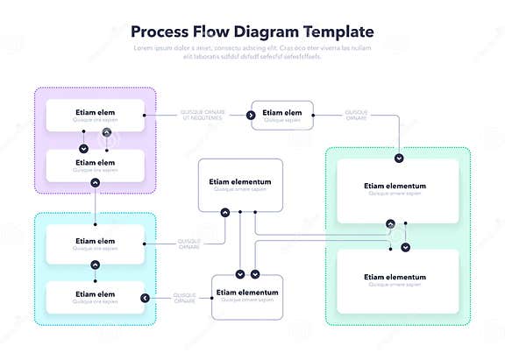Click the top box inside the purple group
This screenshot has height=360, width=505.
(95, 115)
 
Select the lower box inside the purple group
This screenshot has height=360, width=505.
(95, 165)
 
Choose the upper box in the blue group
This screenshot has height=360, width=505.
(95, 244)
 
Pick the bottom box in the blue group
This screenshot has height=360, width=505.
(95, 297)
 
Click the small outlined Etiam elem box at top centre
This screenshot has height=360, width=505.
(281, 115)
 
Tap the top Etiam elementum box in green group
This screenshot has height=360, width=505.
(397, 189)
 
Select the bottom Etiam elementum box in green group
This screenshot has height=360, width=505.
(397, 280)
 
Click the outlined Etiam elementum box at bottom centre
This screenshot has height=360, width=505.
(246, 295)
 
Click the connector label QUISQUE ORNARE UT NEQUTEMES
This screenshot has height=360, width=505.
(203, 115)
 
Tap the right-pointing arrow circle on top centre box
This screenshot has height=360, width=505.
(251, 115)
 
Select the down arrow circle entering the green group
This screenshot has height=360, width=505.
(399, 159)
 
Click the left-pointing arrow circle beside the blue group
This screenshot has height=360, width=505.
(145, 299)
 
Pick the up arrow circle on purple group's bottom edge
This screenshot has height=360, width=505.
(95, 182)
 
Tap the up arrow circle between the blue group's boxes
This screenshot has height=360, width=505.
(95, 265)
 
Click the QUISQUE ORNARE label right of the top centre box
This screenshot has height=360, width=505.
(356, 115)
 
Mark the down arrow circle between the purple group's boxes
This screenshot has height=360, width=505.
(83, 149)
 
